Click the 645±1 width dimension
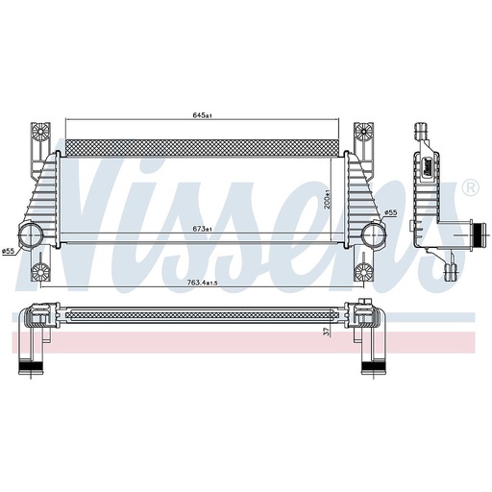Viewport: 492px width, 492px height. [x=201, y=115]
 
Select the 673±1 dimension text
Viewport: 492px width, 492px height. [x=202, y=229]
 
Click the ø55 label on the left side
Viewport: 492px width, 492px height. [x=8, y=251]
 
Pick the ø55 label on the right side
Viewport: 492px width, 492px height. [x=391, y=212]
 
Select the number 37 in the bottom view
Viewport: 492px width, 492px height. [x=327, y=332]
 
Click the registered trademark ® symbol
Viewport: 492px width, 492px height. [x=469, y=186]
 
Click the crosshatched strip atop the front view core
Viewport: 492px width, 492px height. [x=201, y=147]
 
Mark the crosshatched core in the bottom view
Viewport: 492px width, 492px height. [x=201, y=314]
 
